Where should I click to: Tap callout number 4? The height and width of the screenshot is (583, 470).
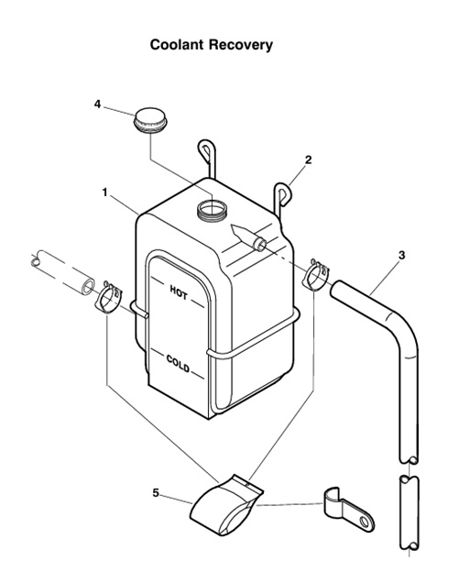pyautogui.click(x=97, y=104)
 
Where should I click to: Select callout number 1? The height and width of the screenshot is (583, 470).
pyautogui.click(x=105, y=192)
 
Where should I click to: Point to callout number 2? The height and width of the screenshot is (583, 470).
pyautogui.click(x=308, y=159)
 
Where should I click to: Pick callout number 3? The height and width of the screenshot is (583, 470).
pyautogui.click(x=401, y=254)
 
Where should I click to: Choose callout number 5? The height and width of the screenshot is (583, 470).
pyautogui.click(x=156, y=493)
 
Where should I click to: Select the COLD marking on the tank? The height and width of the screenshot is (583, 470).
pyautogui.click(x=178, y=366)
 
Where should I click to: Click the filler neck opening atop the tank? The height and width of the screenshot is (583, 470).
pyautogui.click(x=212, y=208)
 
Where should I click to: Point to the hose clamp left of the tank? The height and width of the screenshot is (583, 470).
pyautogui.click(x=109, y=299)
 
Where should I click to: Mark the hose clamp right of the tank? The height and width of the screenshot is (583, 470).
pyautogui.click(x=316, y=274)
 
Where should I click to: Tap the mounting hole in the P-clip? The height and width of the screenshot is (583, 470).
pyautogui.click(x=366, y=523)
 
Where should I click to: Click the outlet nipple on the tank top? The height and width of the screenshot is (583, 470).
pyautogui.click(x=259, y=243)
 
